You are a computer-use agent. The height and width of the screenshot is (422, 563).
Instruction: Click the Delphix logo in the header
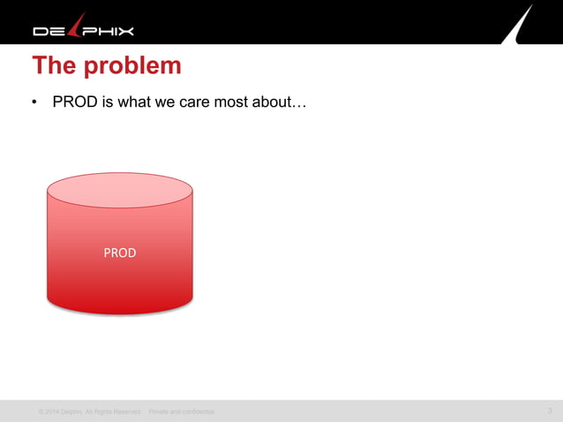(84, 29)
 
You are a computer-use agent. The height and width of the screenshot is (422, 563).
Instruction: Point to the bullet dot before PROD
(34, 103)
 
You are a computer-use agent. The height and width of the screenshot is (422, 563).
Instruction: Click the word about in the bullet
(276, 102)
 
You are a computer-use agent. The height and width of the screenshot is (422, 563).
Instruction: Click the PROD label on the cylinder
(119, 253)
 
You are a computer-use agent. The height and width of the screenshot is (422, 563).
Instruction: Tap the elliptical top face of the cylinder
(119, 190)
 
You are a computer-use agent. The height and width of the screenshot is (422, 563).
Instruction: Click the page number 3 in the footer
(549, 411)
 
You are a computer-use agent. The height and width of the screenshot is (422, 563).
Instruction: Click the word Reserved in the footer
(125, 411)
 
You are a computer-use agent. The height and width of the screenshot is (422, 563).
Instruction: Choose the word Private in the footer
(159, 411)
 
